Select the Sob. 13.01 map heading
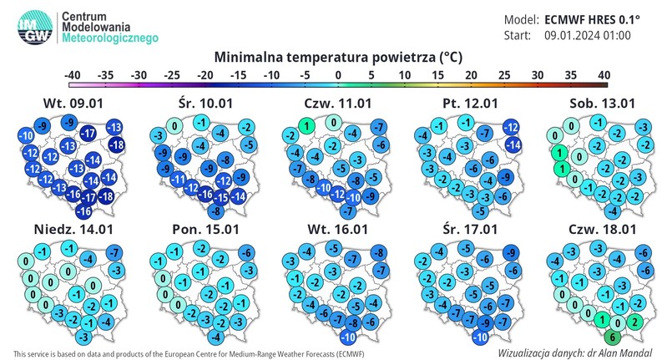(594, 104)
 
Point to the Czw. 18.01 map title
(594, 227)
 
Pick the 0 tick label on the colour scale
(338, 74)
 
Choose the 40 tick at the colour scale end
(604, 74)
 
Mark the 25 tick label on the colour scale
(504, 74)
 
